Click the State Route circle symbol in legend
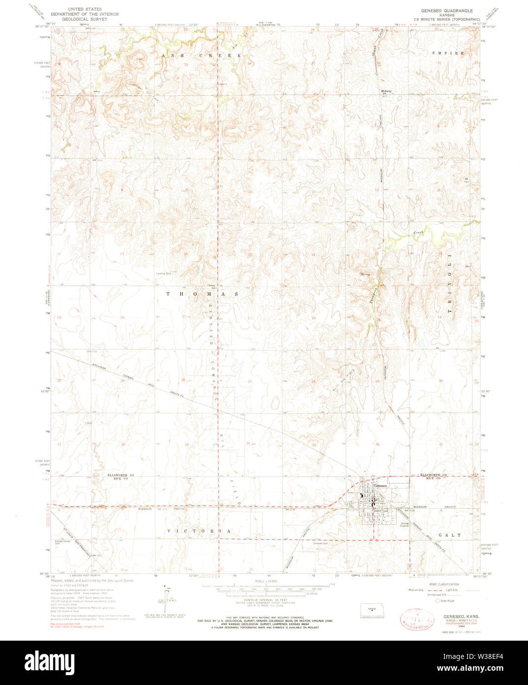437,601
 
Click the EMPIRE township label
448,53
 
